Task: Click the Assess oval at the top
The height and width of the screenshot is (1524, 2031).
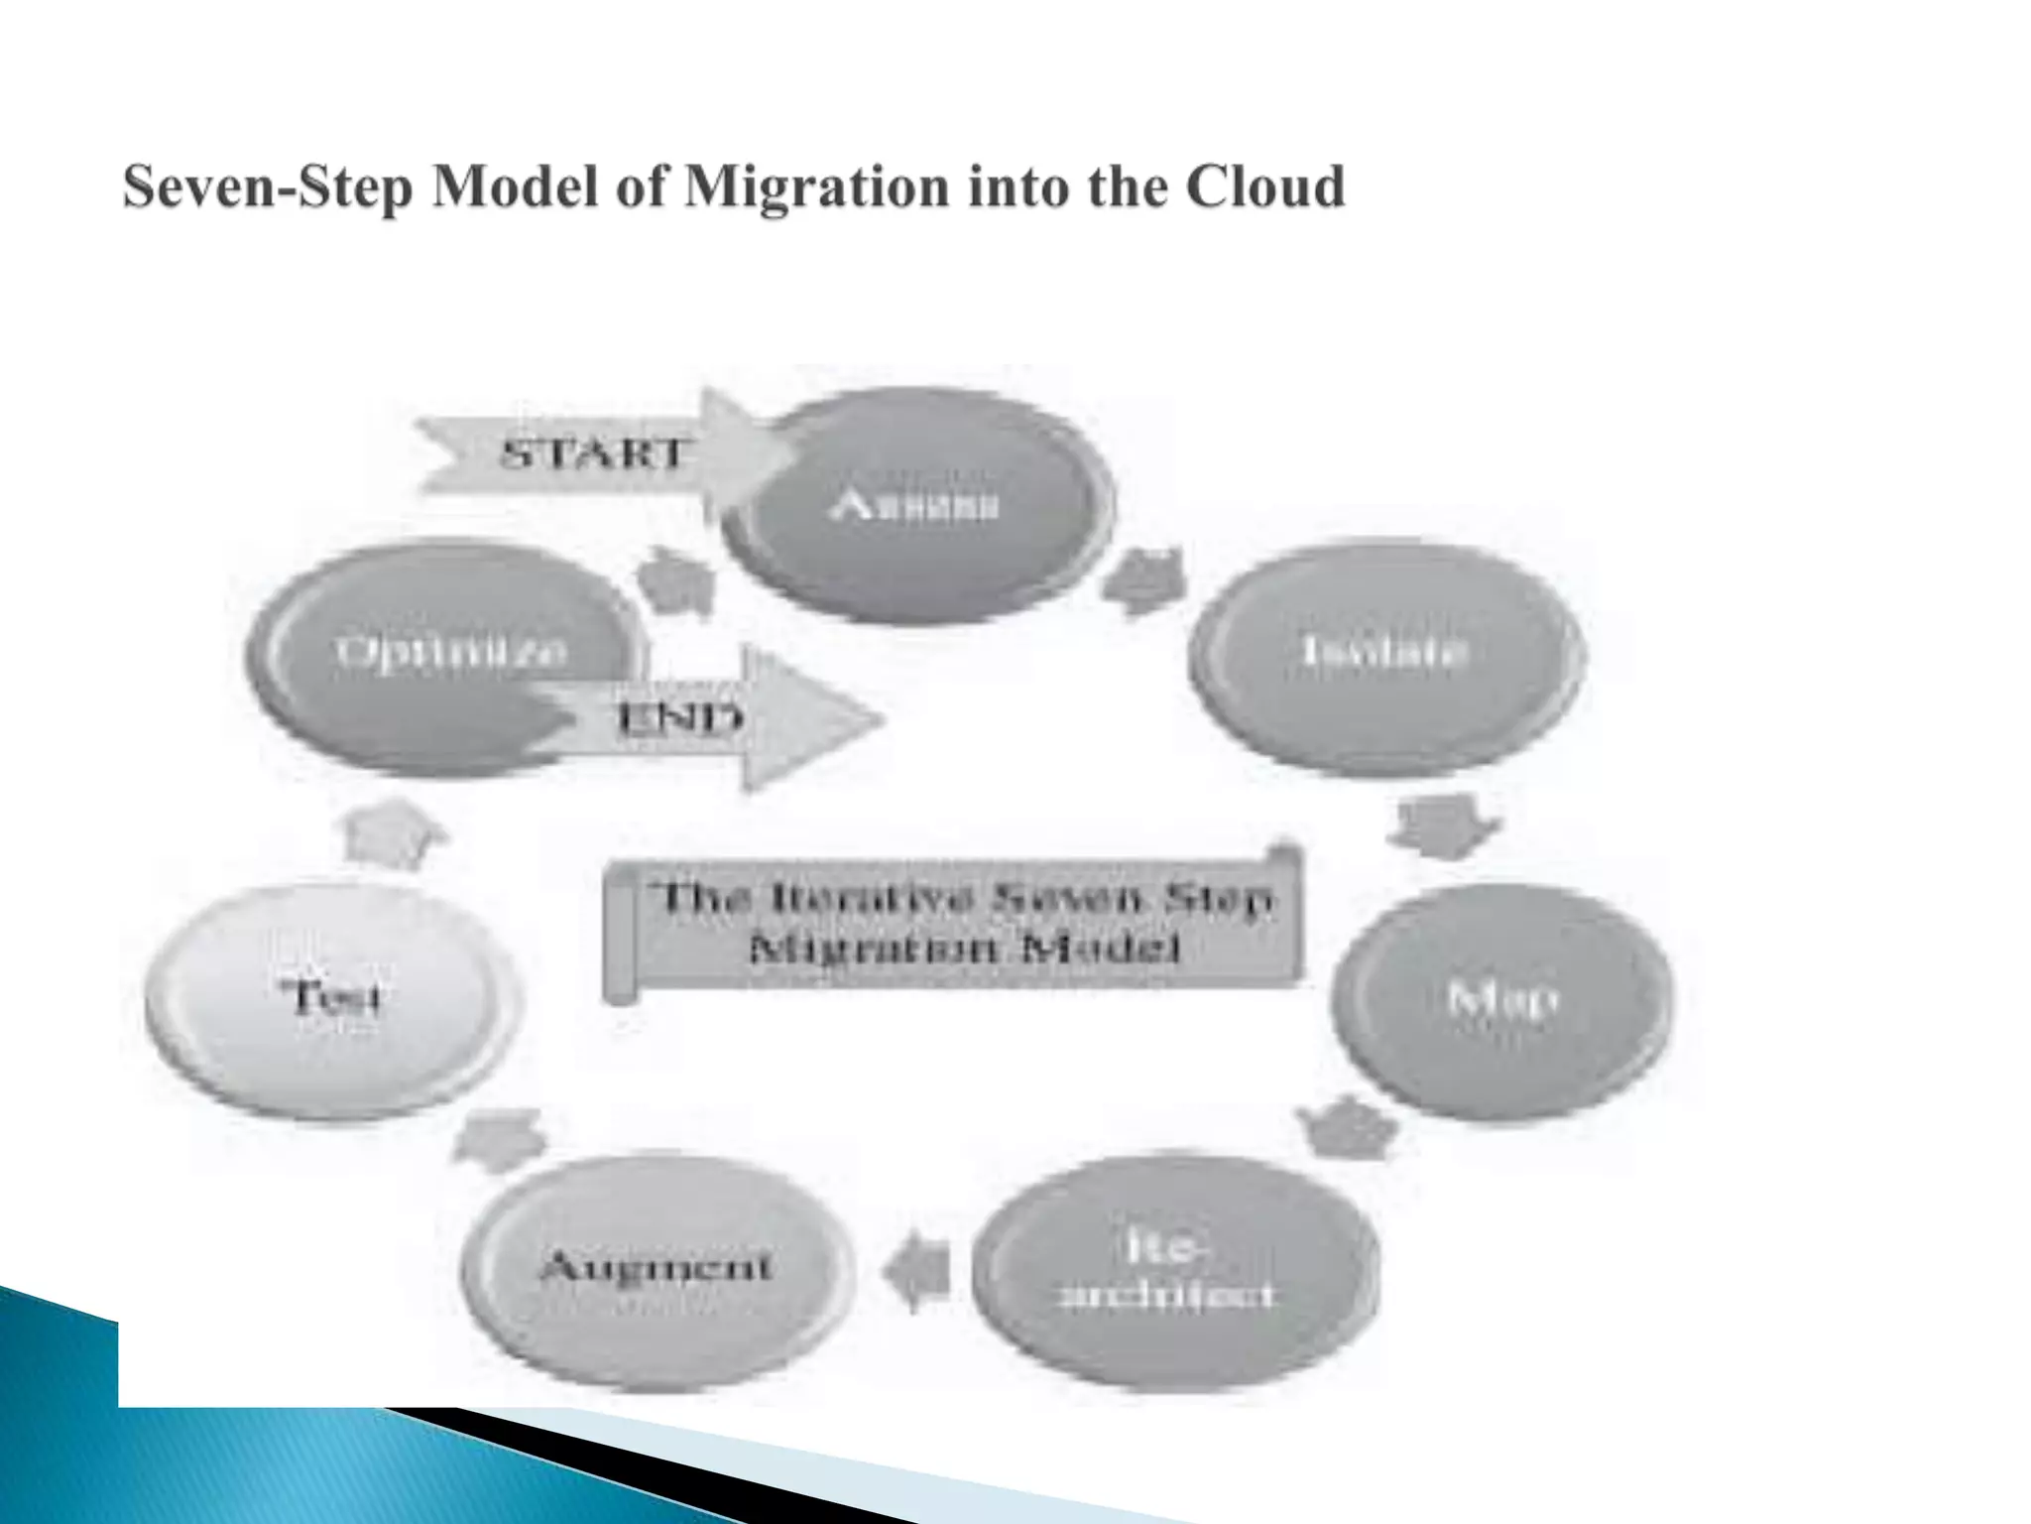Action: [x=917, y=506]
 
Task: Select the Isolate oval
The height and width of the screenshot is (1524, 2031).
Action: [x=1385, y=655]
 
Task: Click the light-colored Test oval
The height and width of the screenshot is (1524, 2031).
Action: [x=333, y=1000]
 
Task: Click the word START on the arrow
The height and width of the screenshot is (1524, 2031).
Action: [x=593, y=454]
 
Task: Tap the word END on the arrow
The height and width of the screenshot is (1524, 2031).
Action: [x=680, y=717]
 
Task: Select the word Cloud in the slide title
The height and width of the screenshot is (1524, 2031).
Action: [x=1265, y=189]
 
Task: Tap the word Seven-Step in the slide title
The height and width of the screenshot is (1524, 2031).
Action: [x=268, y=189]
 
